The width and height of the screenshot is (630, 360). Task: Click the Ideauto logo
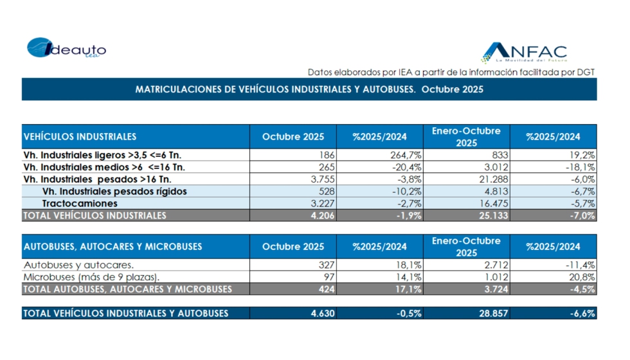(66, 49)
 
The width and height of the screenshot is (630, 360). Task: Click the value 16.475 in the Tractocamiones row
(491, 203)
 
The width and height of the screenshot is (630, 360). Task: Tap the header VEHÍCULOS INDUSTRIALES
(80, 137)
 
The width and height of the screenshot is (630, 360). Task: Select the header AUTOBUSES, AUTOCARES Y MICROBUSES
(113, 246)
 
